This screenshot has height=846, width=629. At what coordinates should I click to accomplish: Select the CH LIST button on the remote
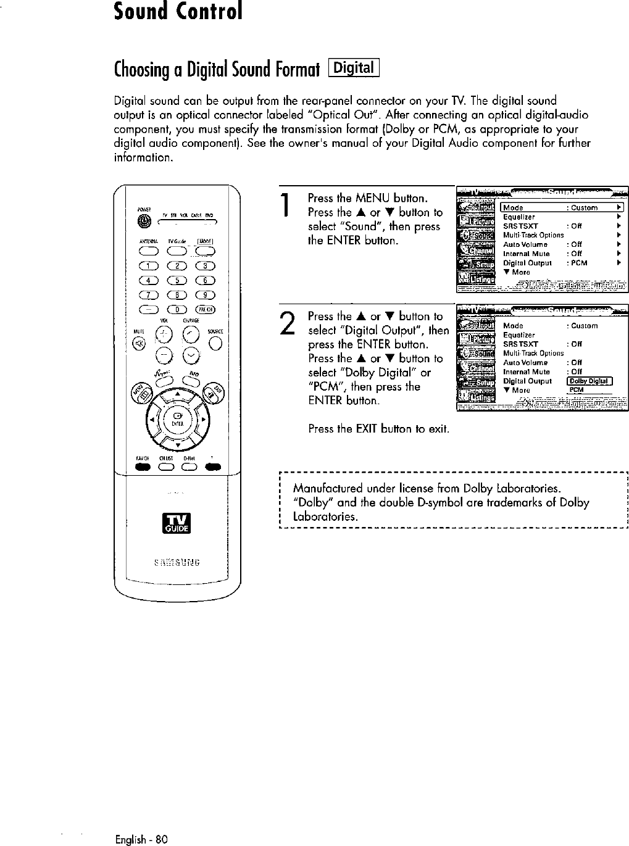(165, 467)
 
